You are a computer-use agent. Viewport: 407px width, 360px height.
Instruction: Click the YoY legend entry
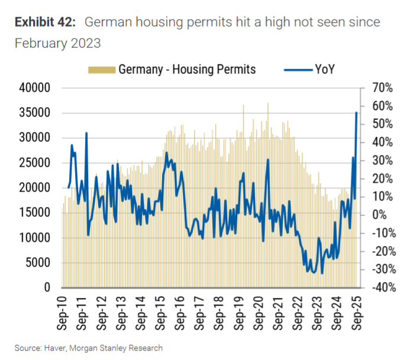(324, 69)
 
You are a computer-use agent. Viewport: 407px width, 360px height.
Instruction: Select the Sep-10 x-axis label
(63, 310)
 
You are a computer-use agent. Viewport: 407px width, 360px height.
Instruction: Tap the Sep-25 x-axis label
(357, 310)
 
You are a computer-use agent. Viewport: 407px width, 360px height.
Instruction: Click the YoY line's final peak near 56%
(356, 112)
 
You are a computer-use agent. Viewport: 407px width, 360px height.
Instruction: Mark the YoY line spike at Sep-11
(86, 133)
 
